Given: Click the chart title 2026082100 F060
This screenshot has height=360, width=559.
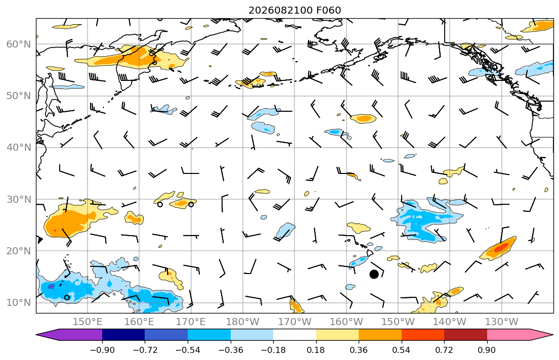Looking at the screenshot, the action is [x=294, y=10].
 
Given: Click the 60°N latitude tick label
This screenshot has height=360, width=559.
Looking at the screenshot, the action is [x=19, y=44].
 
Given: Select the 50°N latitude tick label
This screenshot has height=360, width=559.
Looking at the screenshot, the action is [x=19, y=96].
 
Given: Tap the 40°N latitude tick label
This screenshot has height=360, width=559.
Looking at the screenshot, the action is [x=19, y=147].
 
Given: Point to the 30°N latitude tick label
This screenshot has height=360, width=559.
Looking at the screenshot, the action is [x=19, y=199].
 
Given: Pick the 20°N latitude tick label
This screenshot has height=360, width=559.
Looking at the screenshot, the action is [x=19, y=251].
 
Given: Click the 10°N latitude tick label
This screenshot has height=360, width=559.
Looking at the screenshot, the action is [x=19, y=303].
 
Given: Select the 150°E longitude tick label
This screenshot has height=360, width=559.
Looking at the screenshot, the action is [x=88, y=322].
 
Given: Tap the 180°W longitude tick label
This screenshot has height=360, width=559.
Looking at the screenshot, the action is [x=243, y=322].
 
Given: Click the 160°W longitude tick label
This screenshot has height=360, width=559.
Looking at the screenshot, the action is [x=346, y=322].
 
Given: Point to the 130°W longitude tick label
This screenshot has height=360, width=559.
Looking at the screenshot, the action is [x=502, y=322].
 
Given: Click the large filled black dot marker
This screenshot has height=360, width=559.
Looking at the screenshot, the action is [x=374, y=274].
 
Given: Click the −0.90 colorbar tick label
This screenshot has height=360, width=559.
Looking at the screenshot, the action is [x=102, y=350].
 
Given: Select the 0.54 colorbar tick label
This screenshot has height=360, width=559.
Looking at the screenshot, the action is [x=402, y=350].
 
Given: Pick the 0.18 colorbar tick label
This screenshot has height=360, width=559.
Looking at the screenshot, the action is [x=316, y=350].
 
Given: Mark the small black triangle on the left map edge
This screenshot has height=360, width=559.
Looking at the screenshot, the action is [x=39, y=240].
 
